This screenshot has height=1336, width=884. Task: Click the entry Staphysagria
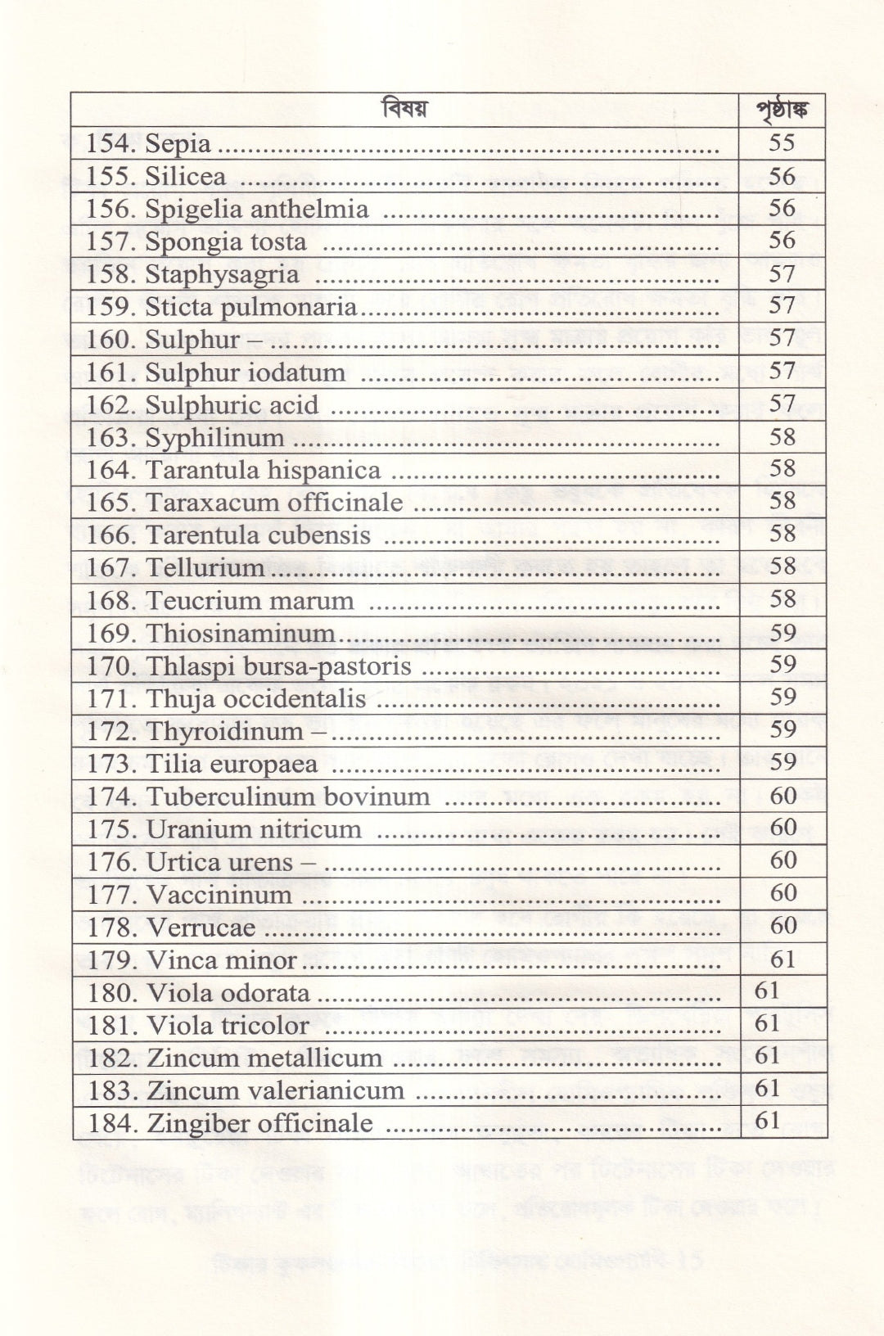point(222,274)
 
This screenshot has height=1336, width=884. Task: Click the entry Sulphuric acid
point(232,405)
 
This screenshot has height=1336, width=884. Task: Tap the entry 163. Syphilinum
point(185,438)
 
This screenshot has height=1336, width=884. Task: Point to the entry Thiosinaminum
point(241,633)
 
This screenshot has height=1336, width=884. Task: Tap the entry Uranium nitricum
point(254,828)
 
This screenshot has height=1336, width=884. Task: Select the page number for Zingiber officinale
point(767,1121)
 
